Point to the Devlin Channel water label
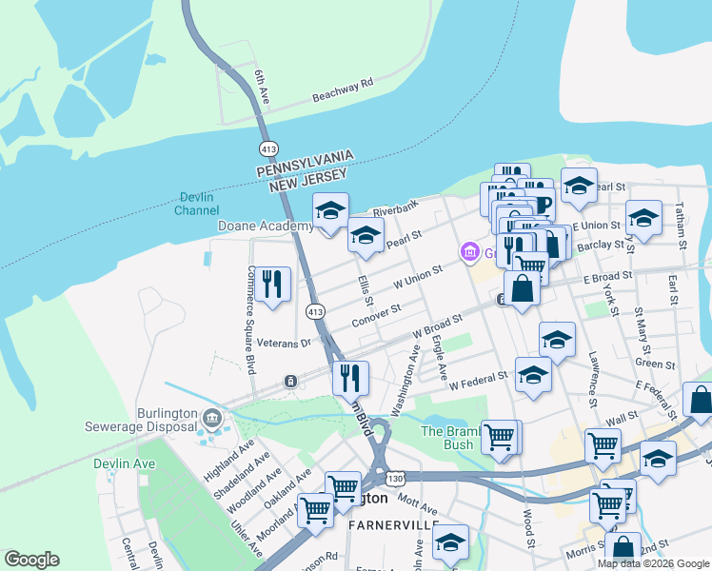[x=198, y=204]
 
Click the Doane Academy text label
[x=266, y=226]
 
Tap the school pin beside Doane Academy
[x=330, y=210]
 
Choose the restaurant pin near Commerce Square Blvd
[x=273, y=283]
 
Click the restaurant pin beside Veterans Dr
[x=350, y=378]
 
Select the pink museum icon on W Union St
[x=469, y=252]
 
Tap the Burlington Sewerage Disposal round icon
[x=211, y=416]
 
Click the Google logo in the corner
[x=31, y=560]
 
